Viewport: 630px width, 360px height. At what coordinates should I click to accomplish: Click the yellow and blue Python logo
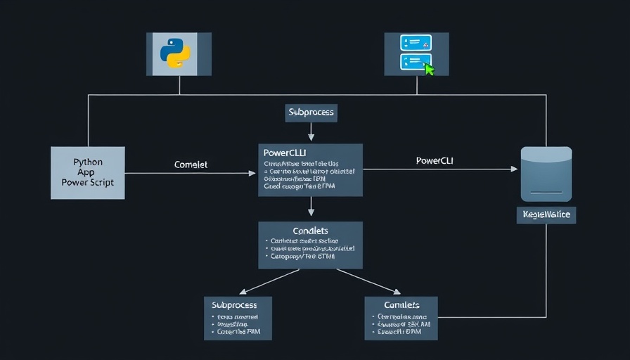click(x=176, y=53)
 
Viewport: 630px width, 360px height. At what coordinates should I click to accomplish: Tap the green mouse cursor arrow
click(x=429, y=68)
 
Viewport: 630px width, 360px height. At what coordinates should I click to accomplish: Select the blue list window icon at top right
click(x=414, y=52)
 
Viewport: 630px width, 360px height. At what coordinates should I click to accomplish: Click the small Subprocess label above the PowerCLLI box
click(x=311, y=112)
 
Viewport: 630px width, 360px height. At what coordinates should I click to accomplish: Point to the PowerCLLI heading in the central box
click(x=285, y=153)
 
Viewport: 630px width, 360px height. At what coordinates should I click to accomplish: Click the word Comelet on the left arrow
click(x=191, y=165)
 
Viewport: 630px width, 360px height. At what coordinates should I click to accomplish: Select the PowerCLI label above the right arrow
click(x=435, y=160)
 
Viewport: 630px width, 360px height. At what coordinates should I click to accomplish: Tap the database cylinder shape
click(x=546, y=174)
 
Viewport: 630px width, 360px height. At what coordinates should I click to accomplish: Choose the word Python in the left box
click(x=88, y=162)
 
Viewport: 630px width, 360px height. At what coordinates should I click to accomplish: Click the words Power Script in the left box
click(x=88, y=182)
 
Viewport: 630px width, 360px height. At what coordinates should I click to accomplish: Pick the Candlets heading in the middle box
click(x=310, y=231)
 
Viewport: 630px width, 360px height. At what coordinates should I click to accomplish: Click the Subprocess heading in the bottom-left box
click(x=234, y=305)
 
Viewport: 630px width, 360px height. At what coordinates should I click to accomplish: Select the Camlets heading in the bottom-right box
click(x=401, y=305)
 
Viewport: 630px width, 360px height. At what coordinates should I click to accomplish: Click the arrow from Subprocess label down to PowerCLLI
click(x=311, y=131)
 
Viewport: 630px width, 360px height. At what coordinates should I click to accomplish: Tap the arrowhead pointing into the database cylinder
click(x=514, y=169)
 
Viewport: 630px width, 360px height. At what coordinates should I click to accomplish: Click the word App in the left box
click(x=88, y=172)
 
